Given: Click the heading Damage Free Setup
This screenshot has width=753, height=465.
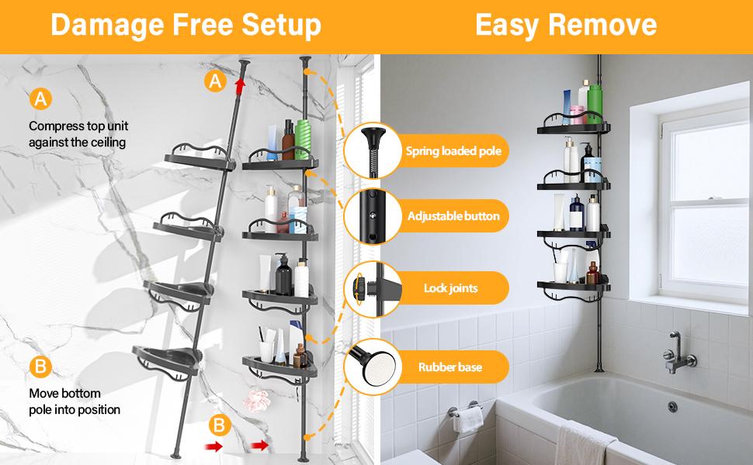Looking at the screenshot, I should [186, 25].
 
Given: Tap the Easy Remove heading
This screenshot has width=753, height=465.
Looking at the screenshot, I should [566, 25].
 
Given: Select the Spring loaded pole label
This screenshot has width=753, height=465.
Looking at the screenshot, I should [453, 151].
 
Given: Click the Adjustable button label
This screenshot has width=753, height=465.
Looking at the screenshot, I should [453, 215].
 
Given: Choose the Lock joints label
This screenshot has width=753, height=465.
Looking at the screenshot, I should [450, 288].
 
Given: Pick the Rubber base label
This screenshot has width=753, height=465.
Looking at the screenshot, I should [450, 367].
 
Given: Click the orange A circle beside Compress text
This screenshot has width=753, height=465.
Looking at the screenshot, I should [39, 99].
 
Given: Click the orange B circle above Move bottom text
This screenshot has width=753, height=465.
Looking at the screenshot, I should [39, 367].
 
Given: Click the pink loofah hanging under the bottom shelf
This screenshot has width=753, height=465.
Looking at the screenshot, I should [257, 400].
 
